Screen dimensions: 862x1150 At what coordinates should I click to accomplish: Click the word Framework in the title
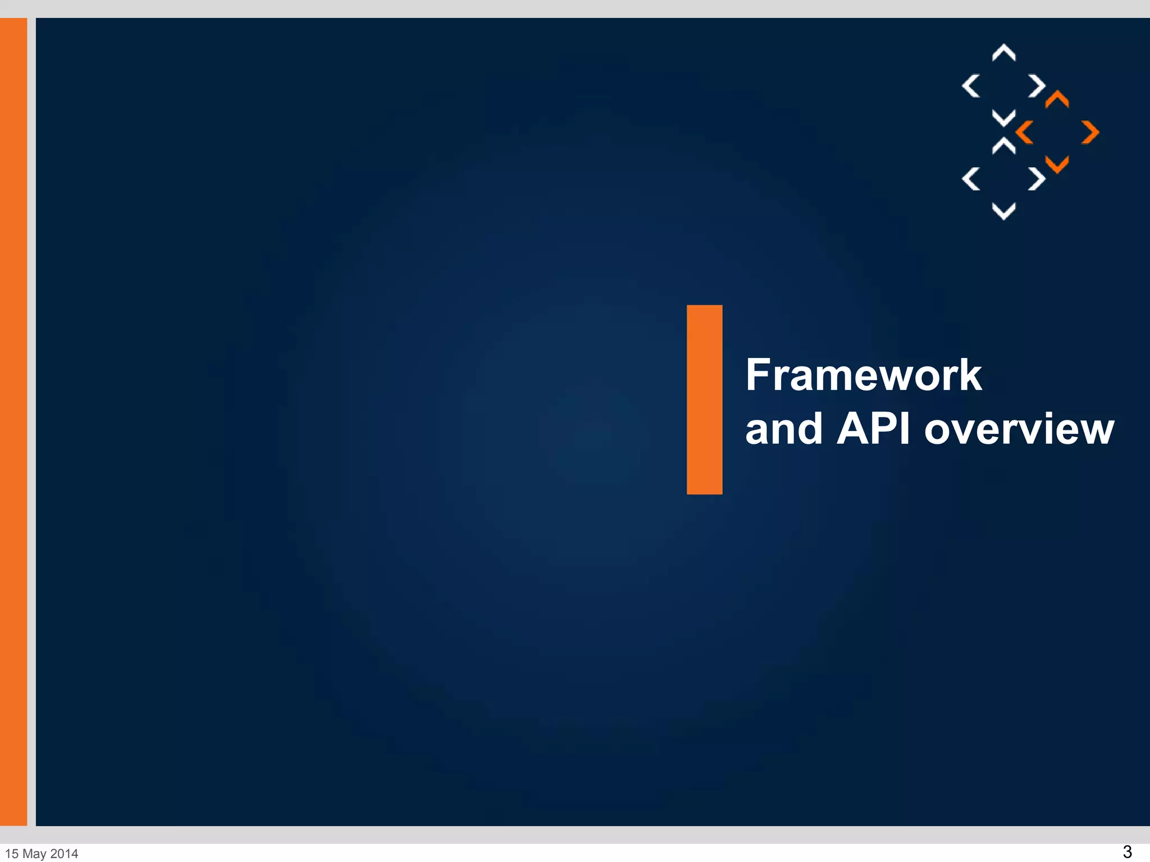(x=864, y=375)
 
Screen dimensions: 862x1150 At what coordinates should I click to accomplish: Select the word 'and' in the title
(x=784, y=429)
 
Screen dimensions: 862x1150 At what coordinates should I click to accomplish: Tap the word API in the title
(x=873, y=429)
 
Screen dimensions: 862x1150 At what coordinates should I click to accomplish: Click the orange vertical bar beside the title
(x=704, y=400)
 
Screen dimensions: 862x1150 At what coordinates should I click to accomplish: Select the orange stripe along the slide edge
(x=13, y=421)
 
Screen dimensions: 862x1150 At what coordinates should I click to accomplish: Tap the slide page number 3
(x=1127, y=851)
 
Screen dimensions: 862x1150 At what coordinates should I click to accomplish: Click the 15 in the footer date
(x=12, y=854)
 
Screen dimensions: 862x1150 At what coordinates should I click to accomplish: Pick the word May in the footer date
(x=34, y=854)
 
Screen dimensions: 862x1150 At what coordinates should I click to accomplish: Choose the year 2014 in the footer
(x=64, y=854)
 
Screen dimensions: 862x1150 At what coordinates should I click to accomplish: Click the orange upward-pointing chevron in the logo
(x=1057, y=99)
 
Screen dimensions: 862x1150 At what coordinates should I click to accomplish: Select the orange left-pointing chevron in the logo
(x=1025, y=132)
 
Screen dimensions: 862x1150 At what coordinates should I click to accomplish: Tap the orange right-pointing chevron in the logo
(x=1090, y=132)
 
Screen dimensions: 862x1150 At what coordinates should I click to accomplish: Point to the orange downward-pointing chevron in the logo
(x=1057, y=165)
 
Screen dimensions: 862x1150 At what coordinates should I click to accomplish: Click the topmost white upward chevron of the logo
(x=1003, y=52)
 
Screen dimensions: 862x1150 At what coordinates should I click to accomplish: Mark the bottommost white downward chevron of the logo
(x=1003, y=212)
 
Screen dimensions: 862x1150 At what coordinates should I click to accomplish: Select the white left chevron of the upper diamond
(x=971, y=86)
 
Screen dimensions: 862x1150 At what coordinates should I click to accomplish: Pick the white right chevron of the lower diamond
(x=1037, y=179)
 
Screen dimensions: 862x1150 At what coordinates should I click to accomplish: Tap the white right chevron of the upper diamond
(x=1037, y=86)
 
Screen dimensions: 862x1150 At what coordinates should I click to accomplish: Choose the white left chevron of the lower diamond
(x=971, y=179)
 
